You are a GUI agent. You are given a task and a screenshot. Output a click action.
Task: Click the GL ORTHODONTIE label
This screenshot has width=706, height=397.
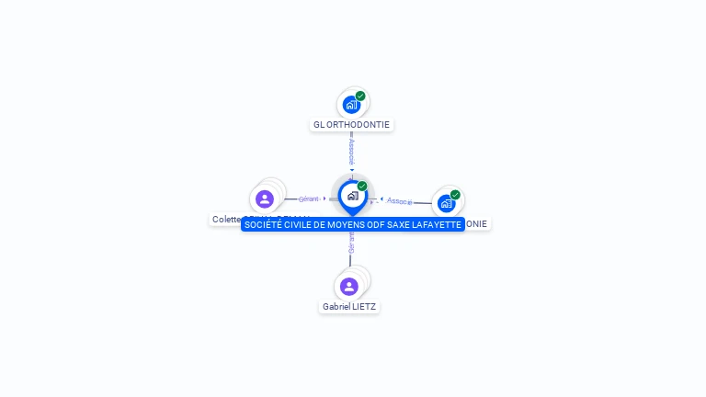pos(352,124)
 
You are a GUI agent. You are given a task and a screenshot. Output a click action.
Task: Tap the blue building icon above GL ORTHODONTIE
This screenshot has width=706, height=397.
pos(351,105)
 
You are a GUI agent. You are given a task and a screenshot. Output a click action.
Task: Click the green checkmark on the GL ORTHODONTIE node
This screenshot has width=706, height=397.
pos(360,96)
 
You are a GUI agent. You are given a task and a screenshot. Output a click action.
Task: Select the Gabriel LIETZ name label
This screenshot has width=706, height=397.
pos(349,306)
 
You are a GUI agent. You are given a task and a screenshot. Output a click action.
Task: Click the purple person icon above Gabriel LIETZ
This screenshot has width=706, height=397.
pos(349,286)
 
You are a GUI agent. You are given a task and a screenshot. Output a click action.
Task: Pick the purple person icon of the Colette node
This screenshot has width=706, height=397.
pos(265,199)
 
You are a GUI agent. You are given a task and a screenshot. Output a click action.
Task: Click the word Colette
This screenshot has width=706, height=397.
pos(226,220)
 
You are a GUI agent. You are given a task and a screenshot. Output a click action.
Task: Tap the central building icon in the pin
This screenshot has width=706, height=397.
pos(352,196)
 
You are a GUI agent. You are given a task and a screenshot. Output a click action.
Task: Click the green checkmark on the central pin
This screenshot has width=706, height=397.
pos(362,186)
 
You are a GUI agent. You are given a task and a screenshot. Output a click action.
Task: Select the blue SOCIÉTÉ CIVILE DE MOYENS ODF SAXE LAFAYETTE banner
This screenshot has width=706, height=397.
pos(353,224)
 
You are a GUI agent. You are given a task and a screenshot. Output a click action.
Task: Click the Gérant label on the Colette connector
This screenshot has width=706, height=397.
pos(309,198)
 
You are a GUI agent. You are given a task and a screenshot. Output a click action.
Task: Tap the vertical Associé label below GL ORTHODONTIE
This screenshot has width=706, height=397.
pos(351,151)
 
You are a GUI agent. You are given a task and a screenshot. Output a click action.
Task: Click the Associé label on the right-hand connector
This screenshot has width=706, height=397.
pos(400,200)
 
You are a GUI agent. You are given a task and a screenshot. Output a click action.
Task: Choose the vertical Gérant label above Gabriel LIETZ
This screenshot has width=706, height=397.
pos(350,243)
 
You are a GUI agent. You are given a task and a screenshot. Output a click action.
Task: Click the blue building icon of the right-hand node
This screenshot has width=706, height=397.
pos(447,203)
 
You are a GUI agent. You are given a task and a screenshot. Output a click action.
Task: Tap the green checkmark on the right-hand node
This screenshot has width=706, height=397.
pos(455,195)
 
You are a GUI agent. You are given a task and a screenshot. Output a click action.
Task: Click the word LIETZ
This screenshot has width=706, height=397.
pos(364,306)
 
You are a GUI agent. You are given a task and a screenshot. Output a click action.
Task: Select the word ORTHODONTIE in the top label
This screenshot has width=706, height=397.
pos(359,124)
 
